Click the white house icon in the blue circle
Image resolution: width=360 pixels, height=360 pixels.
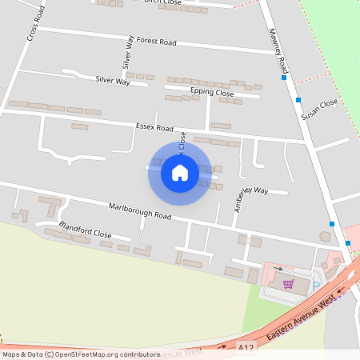[x=179, y=172]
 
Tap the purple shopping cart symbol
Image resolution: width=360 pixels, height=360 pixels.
[x=288, y=283]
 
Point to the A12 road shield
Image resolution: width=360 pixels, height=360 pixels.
[x=247, y=346]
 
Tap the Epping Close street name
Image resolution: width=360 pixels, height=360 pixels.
[x=213, y=94]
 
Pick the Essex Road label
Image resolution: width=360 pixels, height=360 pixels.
[x=154, y=126]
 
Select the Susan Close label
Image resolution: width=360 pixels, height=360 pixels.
[x=319, y=110]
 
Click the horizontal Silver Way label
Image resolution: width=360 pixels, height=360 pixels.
[x=112, y=80]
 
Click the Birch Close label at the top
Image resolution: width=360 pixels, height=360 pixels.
[x=163, y=2]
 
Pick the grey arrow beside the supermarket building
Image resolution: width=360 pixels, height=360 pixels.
[x=278, y=270]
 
